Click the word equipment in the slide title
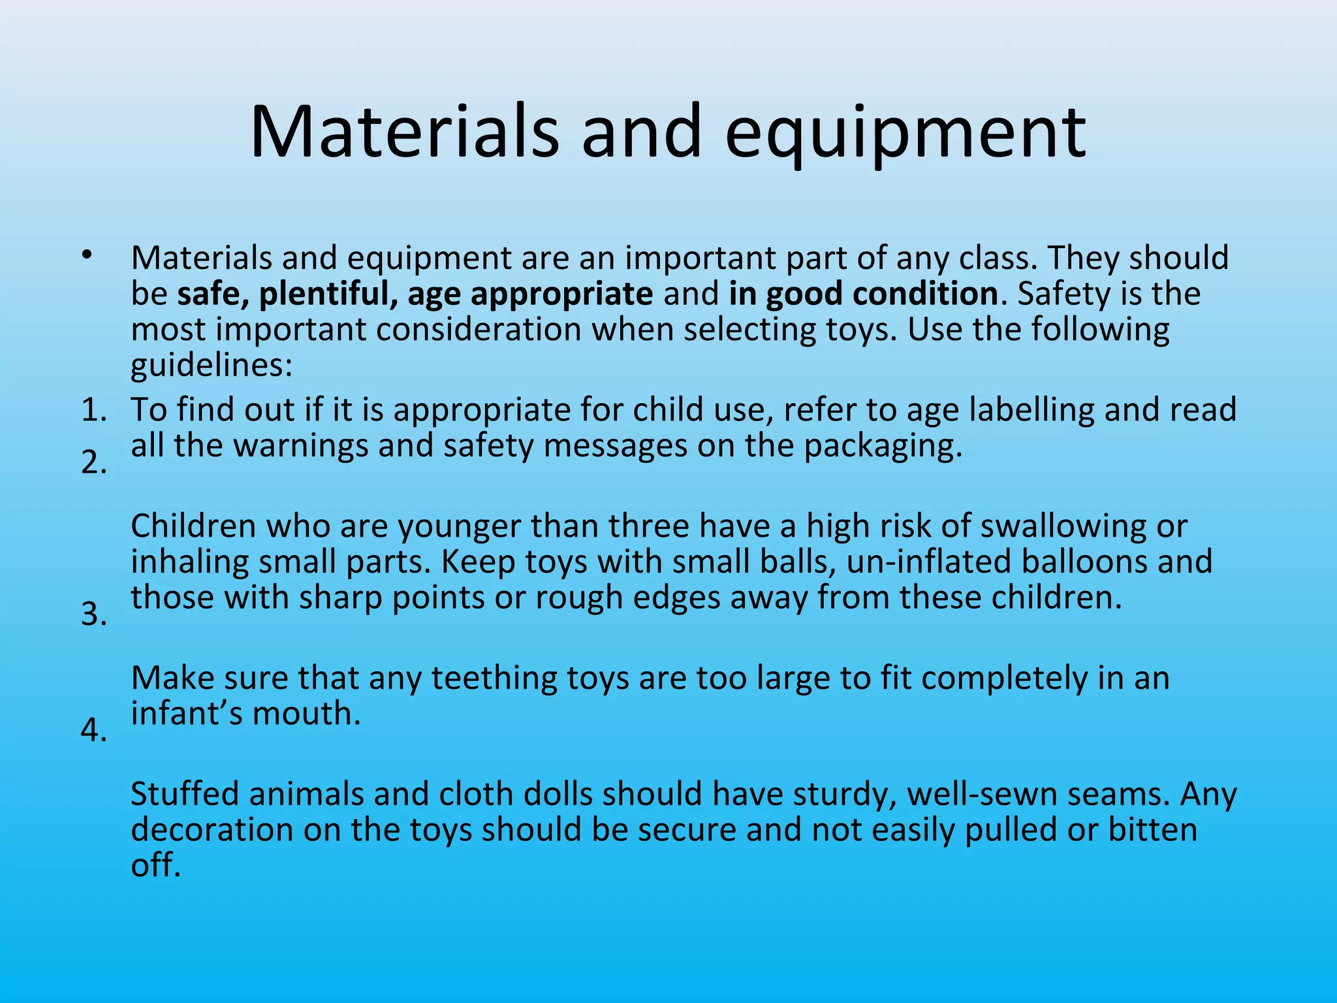tap(905, 135)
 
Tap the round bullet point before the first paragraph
tap(87, 255)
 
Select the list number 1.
tap(94, 411)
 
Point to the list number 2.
tap(94, 463)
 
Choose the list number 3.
tap(94, 614)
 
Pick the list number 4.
tap(94, 730)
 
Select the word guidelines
tap(212, 366)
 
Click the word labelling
tap(1031, 411)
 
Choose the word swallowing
tap(1063, 526)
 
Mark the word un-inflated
tap(928, 562)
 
